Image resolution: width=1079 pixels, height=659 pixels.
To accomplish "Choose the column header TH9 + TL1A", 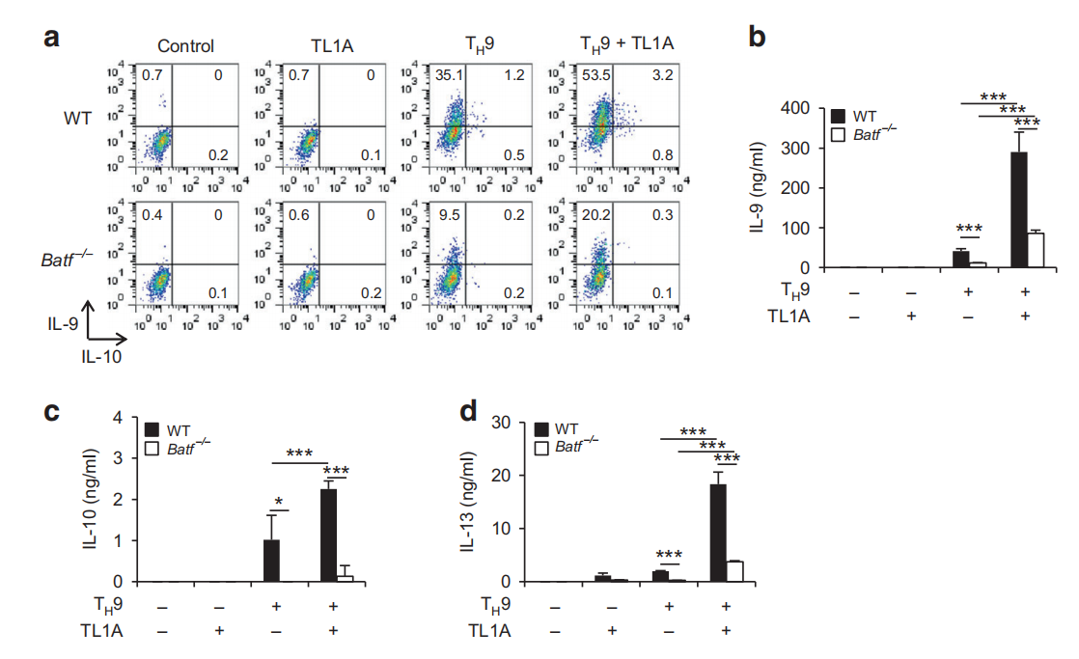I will click(613, 44).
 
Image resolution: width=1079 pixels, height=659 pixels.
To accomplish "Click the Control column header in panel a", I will click(185, 45).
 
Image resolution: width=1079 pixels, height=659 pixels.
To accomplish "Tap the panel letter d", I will click(469, 413).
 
